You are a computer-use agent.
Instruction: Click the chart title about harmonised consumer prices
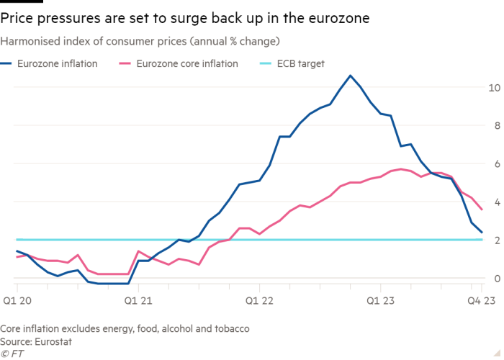point(140,40)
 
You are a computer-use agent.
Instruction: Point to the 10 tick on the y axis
point(493,88)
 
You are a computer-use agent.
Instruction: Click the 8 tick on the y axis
point(493,126)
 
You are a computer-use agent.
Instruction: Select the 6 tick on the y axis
point(493,164)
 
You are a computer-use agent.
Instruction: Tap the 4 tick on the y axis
point(493,202)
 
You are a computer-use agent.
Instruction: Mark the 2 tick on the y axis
point(493,240)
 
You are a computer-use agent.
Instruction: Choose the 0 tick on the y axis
point(493,279)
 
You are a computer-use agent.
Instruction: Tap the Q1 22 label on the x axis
point(260,298)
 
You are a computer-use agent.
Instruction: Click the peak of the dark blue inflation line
point(350,75)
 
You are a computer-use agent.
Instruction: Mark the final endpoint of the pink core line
point(482,210)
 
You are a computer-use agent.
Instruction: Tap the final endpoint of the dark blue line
point(482,233)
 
